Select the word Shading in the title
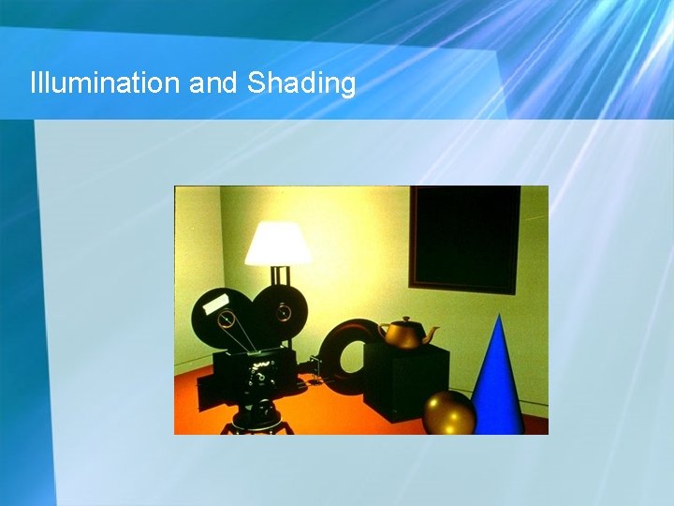(x=301, y=84)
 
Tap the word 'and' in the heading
(x=213, y=83)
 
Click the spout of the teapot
(x=432, y=331)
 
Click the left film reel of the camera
(x=221, y=319)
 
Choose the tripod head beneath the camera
(x=257, y=410)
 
